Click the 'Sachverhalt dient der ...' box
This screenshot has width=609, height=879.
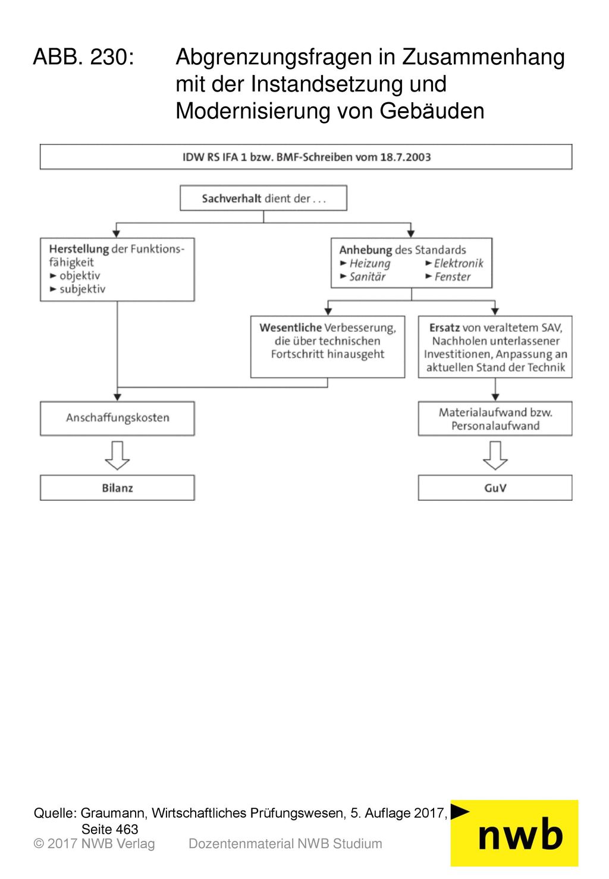click(263, 198)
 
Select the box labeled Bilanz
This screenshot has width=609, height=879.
click(117, 488)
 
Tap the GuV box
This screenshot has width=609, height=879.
click(495, 488)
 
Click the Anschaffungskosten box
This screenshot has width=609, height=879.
click(117, 418)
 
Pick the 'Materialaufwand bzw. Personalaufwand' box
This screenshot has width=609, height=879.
click(495, 418)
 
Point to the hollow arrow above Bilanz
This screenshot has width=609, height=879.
click(117, 455)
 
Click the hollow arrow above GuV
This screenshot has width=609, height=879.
click(495, 455)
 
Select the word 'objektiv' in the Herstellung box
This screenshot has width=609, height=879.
click(80, 276)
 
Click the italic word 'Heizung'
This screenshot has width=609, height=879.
click(370, 264)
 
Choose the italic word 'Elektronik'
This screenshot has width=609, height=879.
click(458, 263)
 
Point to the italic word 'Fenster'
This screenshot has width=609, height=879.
click(453, 277)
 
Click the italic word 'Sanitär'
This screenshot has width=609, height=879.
click(367, 277)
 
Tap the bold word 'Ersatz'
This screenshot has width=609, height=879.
click(444, 327)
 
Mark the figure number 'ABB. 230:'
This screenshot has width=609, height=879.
click(84, 56)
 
